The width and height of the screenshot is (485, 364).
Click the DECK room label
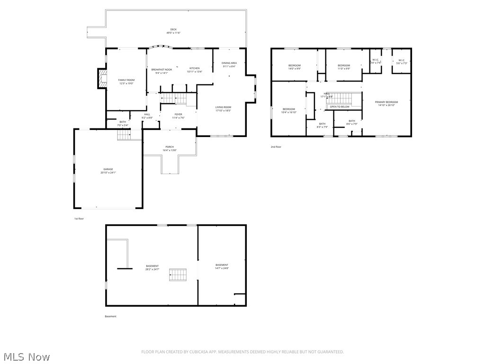(173, 31)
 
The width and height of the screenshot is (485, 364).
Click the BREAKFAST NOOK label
(162, 71)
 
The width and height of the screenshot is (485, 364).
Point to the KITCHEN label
(195, 70)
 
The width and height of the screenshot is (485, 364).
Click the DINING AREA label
(229, 64)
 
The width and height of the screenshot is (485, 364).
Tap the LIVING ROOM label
(223, 109)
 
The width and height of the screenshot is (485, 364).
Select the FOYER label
(178, 116)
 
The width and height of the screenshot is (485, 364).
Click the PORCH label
(170, 148)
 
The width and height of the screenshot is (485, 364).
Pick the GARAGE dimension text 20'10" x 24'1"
(108, 173)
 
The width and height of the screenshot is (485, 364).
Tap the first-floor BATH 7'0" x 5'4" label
(123, 124)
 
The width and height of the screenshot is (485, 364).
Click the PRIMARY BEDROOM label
(386, 103)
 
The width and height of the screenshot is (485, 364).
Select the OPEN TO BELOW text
(340, 107)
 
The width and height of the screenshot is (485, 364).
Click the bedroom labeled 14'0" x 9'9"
(295, 67)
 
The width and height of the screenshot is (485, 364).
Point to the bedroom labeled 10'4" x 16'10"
(288, 110)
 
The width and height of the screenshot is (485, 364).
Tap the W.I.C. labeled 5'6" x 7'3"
(401, 62)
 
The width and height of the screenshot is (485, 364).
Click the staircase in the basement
(178, 275)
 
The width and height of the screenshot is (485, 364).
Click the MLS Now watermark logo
(26, 356)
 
